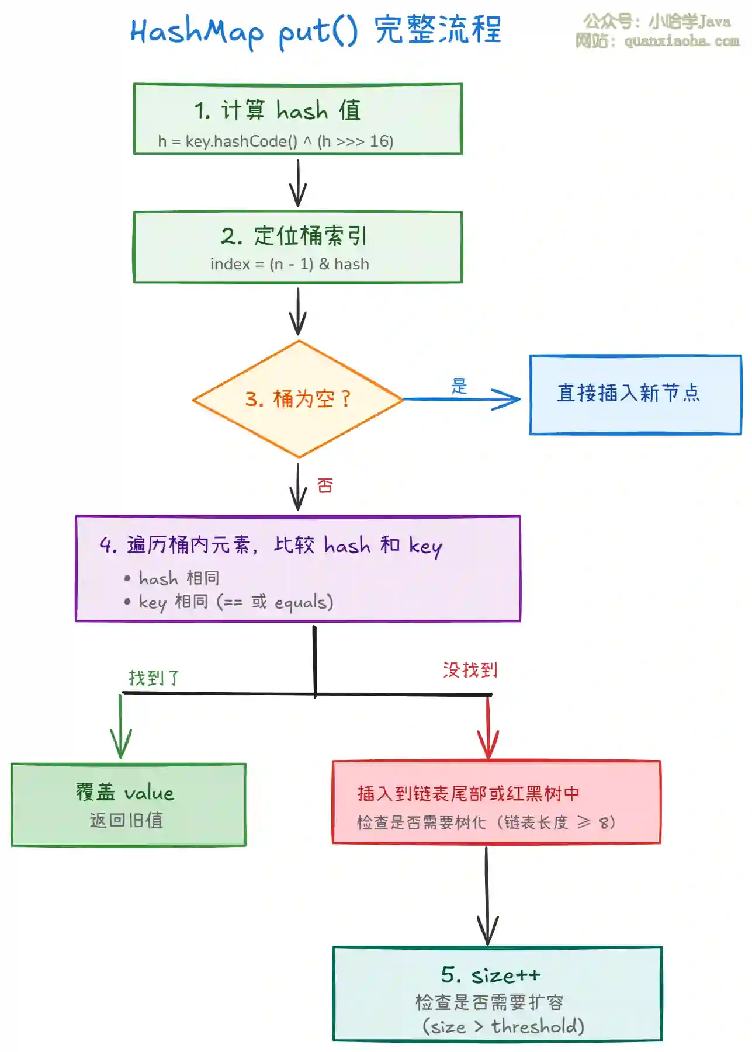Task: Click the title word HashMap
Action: click(x=196, y=32)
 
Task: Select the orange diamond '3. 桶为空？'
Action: click(x=298, y=399)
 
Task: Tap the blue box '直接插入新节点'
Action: click(x=635, y=394)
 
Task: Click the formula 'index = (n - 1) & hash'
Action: click(x=289, y=264)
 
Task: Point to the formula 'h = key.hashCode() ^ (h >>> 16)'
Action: click(x=275, y=141)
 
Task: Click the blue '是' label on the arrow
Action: click(x=459, y=386)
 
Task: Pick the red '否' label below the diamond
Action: click(x=325, y=485)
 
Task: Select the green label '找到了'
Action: click(x=154, y=678)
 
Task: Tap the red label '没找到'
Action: click(x=470, y=669)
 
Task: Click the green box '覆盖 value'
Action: click(x=128, y=804)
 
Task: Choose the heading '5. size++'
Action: click(x=490, y=975)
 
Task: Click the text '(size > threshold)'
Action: click(x=503, y=1026)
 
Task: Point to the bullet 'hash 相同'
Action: click(x=179, y=578)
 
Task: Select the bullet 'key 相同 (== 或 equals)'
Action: click(x=235, y=602)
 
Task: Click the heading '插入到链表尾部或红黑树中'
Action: click(x=468, y=793)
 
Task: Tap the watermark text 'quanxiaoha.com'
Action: click(x=681, y=41)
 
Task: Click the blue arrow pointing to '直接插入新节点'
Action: click(x=462, y=400)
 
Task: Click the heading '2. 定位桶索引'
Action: click(x=294, y=236)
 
